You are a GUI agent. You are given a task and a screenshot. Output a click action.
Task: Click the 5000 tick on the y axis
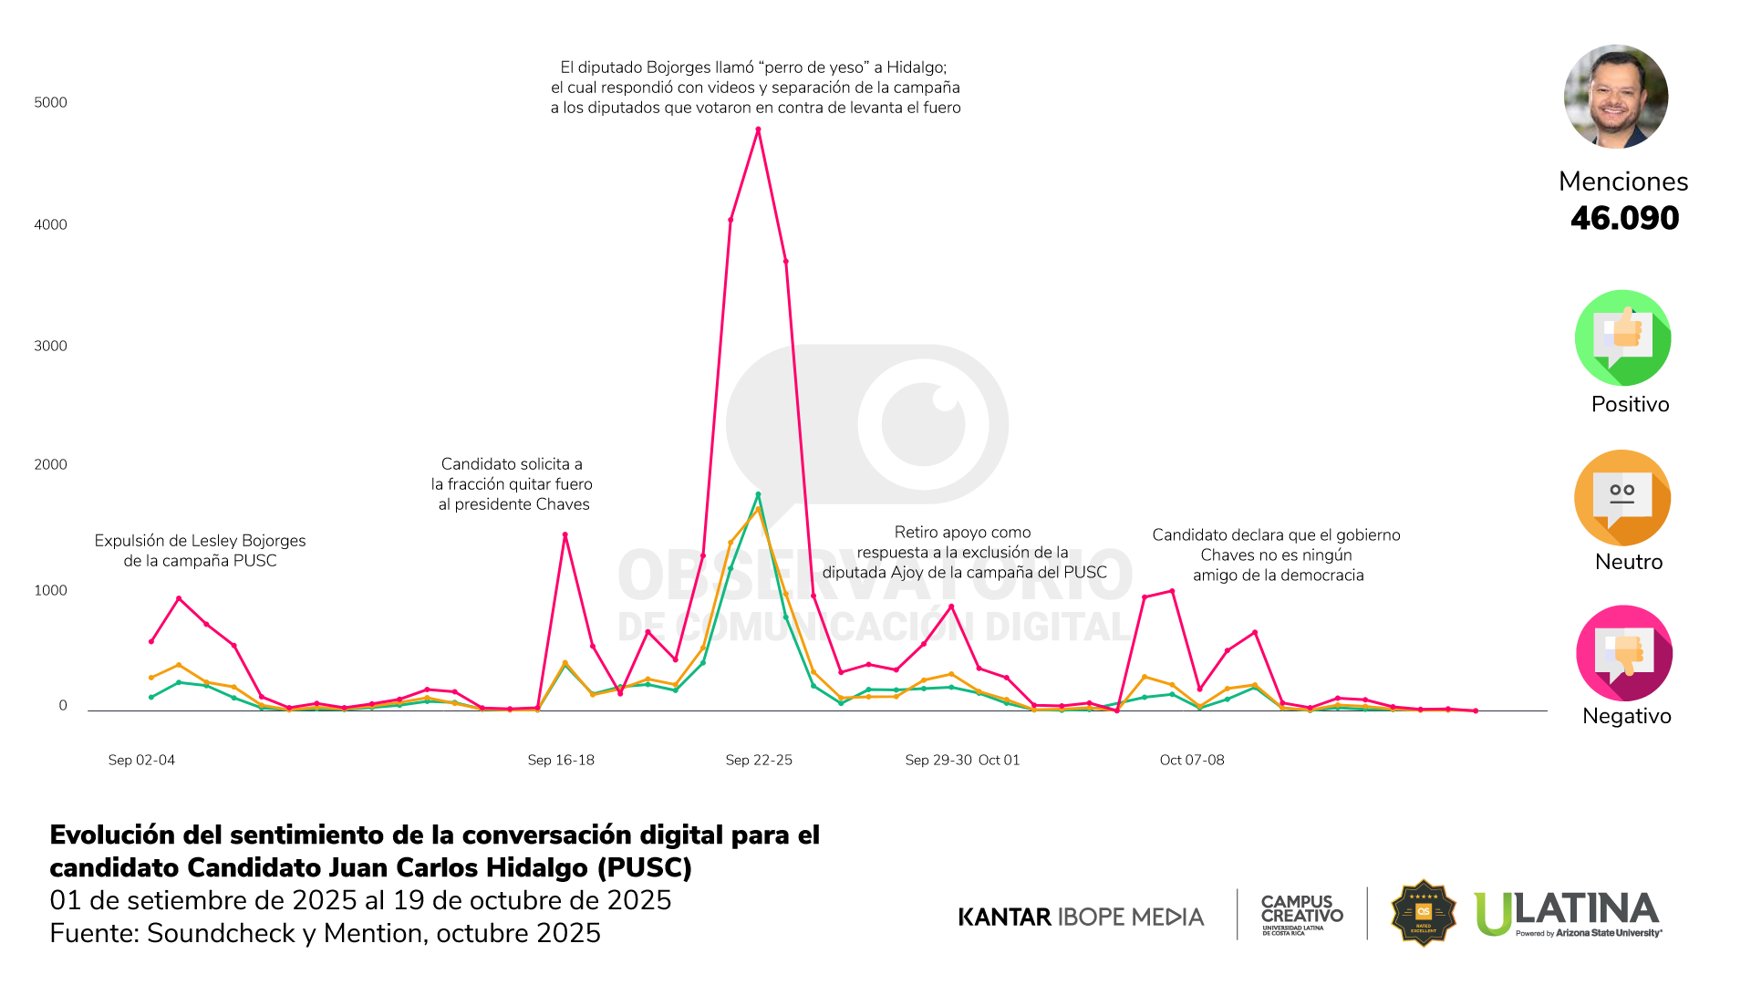tap(50, 102)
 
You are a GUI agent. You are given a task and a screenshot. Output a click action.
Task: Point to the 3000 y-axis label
tap(50, 346)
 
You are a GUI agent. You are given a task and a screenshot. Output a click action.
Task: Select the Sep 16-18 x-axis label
tap(561, 760)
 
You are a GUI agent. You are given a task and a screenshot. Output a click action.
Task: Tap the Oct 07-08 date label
tap(1192, 760)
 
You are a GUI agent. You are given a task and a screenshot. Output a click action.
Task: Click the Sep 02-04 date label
tap(141, 760)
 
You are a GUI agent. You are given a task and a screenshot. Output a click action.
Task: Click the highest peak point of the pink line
tap(758, 130)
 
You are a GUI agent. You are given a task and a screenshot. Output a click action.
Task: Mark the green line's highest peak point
tap(758, 495)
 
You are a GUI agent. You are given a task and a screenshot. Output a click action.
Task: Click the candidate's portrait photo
tap(1616, 97)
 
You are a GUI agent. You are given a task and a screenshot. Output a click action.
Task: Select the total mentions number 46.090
tap(1624, 218)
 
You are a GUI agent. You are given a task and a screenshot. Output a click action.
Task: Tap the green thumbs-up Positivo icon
tap(1623, 338)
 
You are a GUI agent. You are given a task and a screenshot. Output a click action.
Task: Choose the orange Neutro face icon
tap(1622, 498)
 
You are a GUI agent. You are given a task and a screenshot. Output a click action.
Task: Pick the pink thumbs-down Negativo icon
tap(1624, 653)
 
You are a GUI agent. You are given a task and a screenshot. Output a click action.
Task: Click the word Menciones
tap(1623, 181)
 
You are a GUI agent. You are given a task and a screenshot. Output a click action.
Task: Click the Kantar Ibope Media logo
tap(1081, 917)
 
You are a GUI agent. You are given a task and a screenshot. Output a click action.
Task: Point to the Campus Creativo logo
tap(1301, 913)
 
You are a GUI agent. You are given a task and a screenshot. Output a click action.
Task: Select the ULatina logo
tap(1568, 914)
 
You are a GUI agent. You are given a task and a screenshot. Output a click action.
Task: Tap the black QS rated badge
tap(1423, 913)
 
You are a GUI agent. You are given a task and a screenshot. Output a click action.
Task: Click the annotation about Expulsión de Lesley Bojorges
tap(200, 551)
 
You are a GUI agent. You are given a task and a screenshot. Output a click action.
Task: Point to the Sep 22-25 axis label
tap(759, 760)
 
